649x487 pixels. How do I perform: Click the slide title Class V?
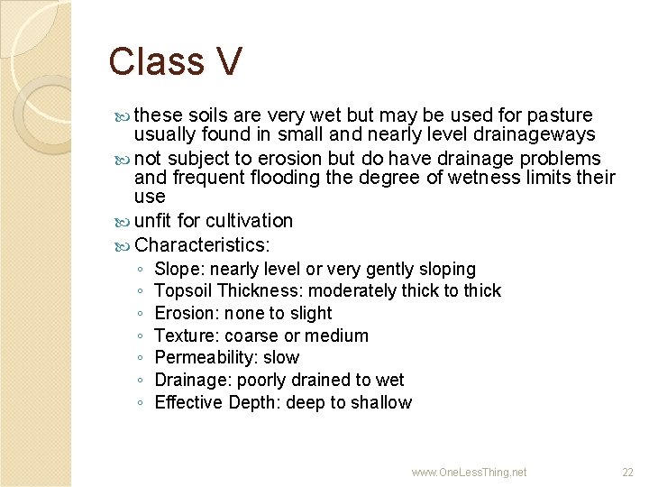click(x=175, y=61)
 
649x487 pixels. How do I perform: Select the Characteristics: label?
click(x=203, y=244)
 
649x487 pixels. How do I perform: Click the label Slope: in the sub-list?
click(x=179, y=269)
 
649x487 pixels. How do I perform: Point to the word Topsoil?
click(x=183, y=290)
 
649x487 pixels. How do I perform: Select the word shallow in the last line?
click(x=382, y=402)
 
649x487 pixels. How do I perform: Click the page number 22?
click(x=628, y=472)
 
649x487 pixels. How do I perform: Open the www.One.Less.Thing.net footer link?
click(x=469, y=472)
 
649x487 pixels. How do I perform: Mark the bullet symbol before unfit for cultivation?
click(x=124, y=221)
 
